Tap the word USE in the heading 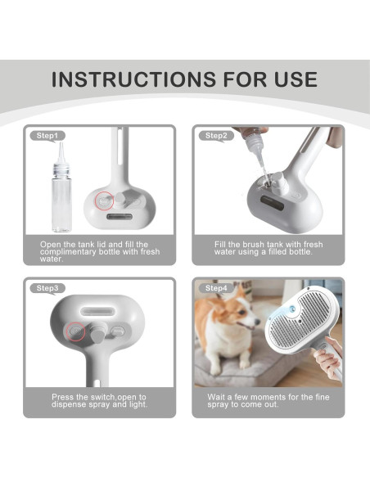click(x=289, y=79)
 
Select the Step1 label click(x=47, y=135)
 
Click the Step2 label click(x=216, y=135)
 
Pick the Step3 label click(x=47, y=288)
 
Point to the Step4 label click(x=216, y=288)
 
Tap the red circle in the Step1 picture click(x=104, y=200)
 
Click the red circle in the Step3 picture click(x=78, y=331)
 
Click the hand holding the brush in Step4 click(x=329, y=360)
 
